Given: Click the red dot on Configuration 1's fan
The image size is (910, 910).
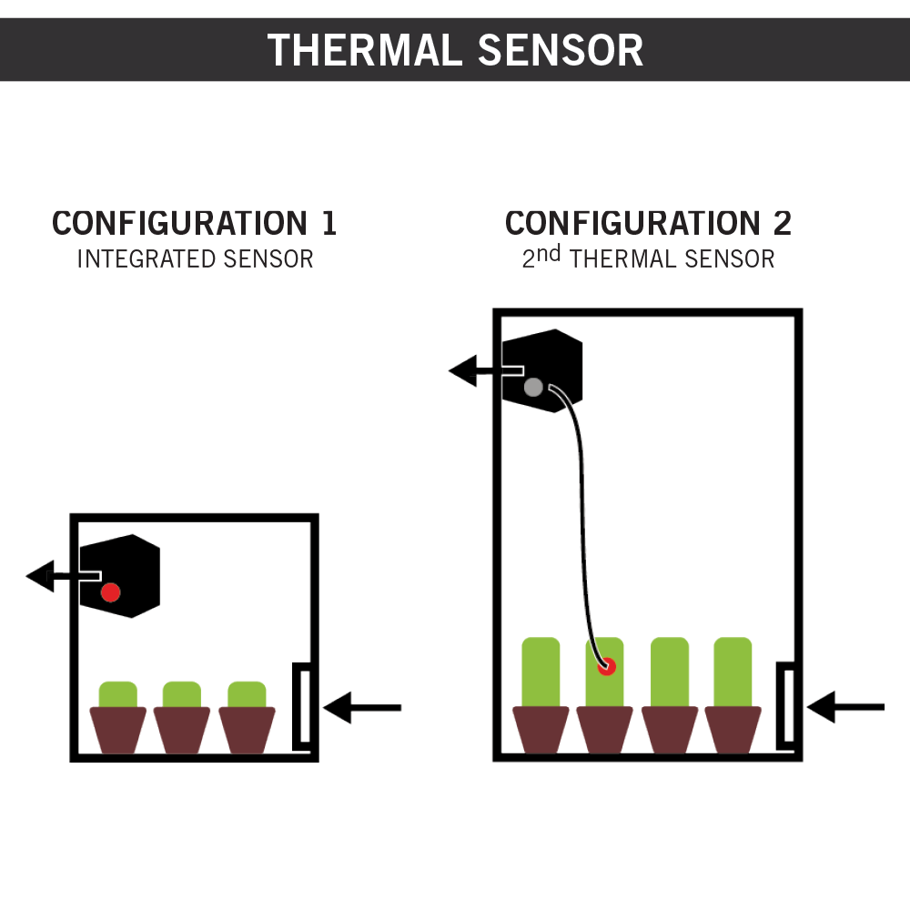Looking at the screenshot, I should (110, 592).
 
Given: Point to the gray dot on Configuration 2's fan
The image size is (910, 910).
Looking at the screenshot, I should (533, 388).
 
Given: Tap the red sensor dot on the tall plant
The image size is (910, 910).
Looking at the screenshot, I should (606, 667).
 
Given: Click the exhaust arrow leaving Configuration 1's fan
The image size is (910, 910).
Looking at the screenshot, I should (50, 576).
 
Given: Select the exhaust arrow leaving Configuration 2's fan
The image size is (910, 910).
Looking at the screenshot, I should (473, 371).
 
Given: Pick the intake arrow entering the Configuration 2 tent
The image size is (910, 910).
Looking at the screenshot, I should (846, 707).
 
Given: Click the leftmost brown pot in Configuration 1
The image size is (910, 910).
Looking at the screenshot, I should (118, 729).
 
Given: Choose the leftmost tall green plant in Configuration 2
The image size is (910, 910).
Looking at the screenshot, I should (540, 672).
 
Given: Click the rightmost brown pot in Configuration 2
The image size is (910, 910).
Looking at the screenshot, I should (733, 729).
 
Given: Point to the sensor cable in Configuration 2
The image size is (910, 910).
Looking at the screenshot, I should (582, 510).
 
